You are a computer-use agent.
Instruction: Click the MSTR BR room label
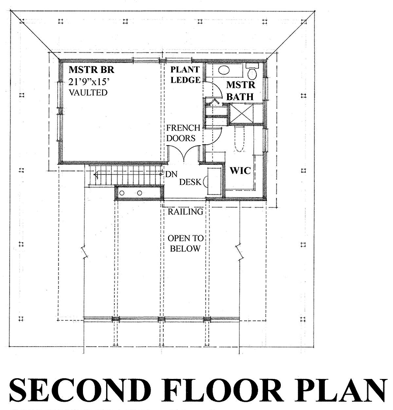(91, 70)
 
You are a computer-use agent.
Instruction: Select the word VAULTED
(88, 93)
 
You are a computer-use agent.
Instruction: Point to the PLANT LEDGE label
(185, 75)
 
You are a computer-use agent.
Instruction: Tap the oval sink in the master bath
(224, 70)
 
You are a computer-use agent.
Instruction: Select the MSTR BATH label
(240, 90)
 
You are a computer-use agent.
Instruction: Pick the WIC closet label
(241, 170)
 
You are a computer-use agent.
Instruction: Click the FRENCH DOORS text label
(183, 133)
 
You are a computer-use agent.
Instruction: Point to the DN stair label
(171, 174)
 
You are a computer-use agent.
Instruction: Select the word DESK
(190, 182)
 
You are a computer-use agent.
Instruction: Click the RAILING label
(185, 212)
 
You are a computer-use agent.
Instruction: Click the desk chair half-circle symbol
(205, 182)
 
